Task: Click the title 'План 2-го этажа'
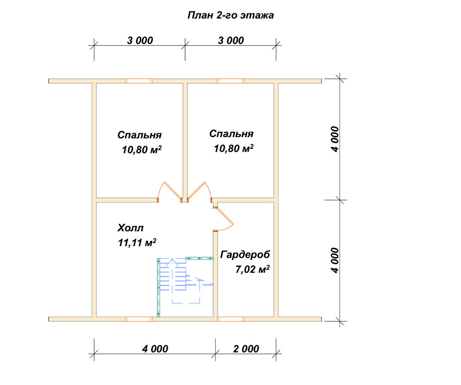(x=230, y=15)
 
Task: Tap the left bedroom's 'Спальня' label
(x=139, y=135)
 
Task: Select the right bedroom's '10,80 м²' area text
(x=233, y=148)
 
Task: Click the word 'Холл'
(x=130, y=228)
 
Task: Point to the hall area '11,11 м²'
(x=137, y=243)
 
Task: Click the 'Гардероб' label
(x=245, y=255)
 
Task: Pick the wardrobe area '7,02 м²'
(x=252, y=269)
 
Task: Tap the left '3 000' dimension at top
(x=140, y=41)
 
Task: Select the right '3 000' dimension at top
(x=231, y=41)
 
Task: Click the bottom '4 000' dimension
(x=155, y=349)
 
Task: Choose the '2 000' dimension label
(x=246, y=349)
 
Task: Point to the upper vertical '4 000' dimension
(x=335, y=139)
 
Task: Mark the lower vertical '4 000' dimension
(x=335, y=261)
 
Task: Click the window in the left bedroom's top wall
(x=139, y=81)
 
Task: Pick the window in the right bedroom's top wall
(x=230, y=81)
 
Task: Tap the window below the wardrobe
(x=230, y=319)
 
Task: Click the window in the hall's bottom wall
(x=139, y=319)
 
